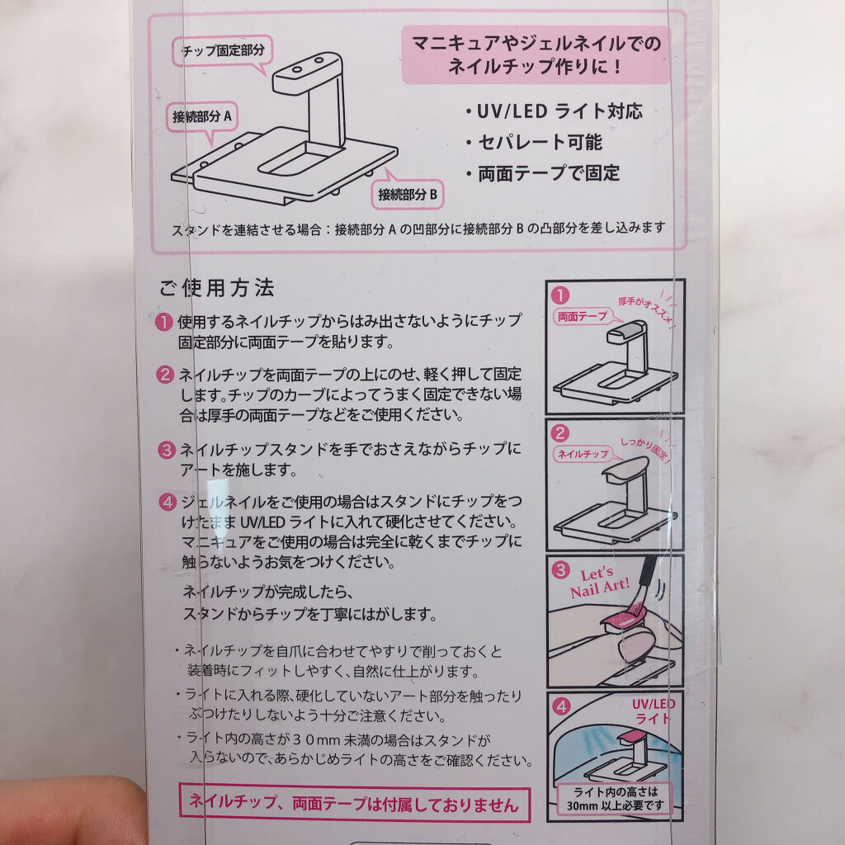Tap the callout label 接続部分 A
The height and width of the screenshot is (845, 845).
(x=202, y=116)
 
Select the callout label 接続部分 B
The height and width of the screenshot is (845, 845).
(x=411, y=196)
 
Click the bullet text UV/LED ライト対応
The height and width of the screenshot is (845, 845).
(x=552, y=111)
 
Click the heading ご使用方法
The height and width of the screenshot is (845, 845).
(x=216, y=289)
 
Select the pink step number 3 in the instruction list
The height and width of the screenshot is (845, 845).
(x=165, y=451)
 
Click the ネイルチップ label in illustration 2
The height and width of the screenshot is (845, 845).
(x=583, y=453)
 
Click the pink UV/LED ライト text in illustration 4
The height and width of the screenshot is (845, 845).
(x=653, y=710)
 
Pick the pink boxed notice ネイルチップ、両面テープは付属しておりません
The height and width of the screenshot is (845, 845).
(x=354, y=804)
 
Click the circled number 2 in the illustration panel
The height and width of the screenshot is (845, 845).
(x=561, y=432)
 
